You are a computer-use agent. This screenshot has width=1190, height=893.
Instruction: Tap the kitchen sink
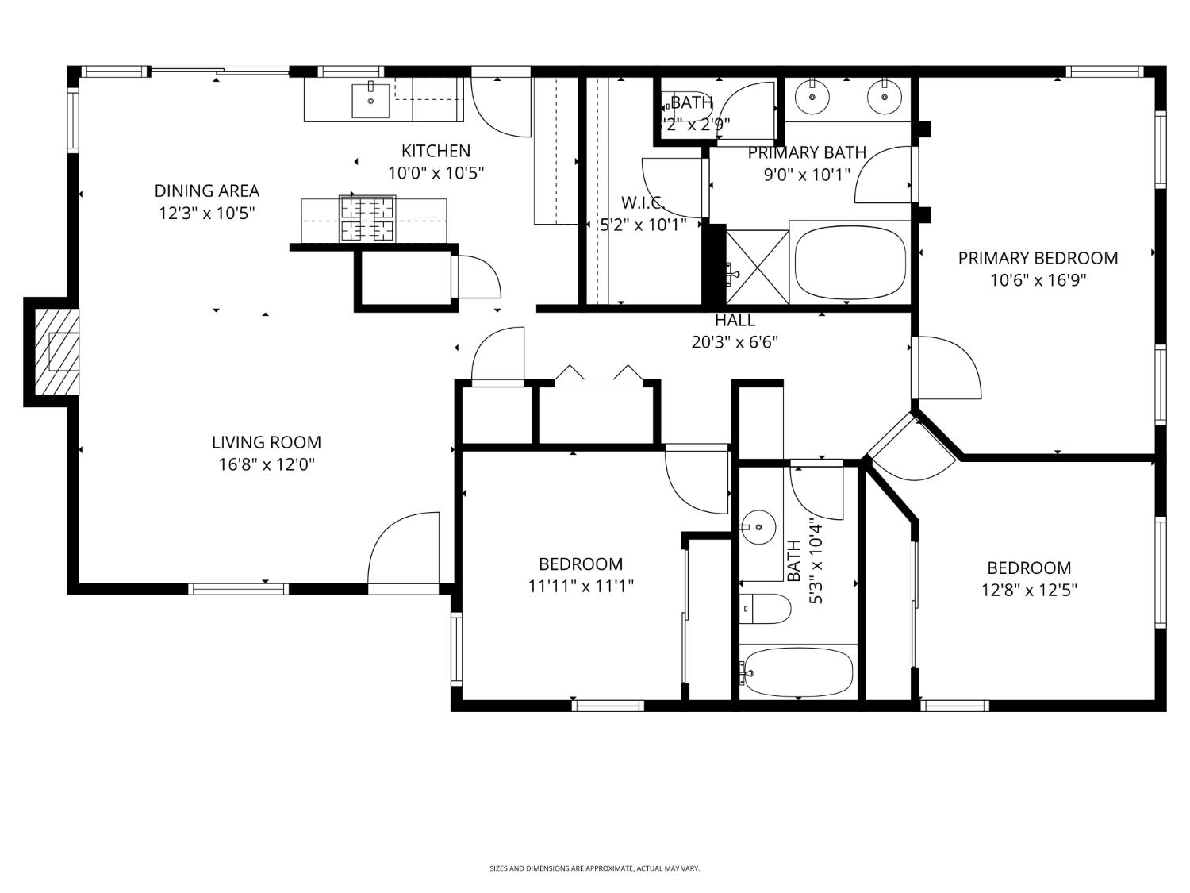[x=370, y=99]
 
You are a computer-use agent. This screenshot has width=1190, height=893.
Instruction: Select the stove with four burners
[x=367, y=218]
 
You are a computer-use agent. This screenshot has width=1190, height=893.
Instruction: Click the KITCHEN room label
[x=436, y=151]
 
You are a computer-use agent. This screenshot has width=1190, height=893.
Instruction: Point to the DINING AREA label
[x=206, y=191]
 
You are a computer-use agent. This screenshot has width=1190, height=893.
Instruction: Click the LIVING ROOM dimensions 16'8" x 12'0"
[x=267, y=464]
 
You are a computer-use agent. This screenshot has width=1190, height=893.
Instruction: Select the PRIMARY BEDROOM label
[x=1038, y=258]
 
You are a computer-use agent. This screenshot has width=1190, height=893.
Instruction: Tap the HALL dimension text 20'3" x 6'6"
[x=735, y=342]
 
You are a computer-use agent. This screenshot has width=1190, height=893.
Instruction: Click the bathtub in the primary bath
[x=850, y=263]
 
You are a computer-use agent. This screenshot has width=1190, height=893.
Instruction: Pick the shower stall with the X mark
[x=758, y=266]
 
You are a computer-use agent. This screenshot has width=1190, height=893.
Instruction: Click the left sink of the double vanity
[x=812, y=98]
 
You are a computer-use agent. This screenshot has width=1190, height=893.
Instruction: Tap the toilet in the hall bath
[x=765, y=610]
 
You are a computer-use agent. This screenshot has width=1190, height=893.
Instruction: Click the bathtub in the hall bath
[x=797, y=672]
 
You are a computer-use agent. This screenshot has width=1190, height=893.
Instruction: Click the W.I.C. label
[x=642, y=202]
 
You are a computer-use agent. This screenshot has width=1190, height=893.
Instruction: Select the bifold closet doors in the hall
[x=598, y=375]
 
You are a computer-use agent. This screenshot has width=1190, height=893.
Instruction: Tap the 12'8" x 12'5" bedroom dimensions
[x=1029, y=590]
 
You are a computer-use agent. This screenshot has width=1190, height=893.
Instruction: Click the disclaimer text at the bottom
[x=594, y=868]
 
